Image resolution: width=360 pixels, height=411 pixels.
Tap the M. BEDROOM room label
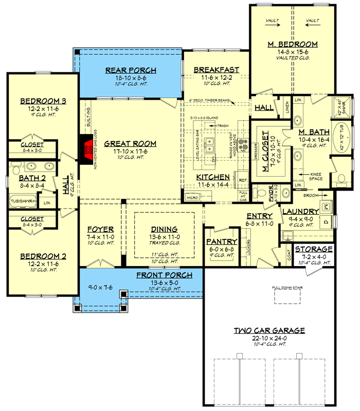pos(293,45)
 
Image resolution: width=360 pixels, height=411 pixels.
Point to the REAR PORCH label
pos(131,71)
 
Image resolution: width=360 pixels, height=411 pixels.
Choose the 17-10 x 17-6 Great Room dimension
pos(131,152)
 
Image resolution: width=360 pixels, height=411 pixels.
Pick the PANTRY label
pos(222,241)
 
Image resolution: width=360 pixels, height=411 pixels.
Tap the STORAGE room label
pos(313,249)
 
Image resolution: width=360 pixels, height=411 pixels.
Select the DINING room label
pos(164,229)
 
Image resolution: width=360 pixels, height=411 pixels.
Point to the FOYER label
pos(100,229)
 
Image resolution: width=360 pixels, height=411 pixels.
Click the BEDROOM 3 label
pos(39,101)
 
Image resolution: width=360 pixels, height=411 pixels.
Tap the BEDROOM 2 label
pos(39,256)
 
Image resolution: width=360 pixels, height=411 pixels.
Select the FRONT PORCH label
pos(164,275)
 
